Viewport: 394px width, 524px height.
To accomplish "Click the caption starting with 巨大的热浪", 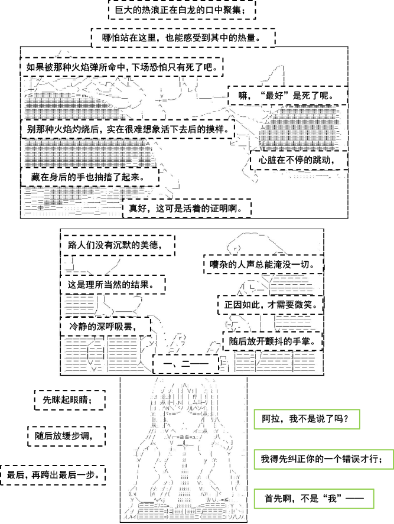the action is coord(182,9).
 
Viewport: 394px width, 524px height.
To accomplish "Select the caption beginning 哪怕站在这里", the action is coord(183,37).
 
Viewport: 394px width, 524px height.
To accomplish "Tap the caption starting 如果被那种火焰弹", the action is coord(122,67).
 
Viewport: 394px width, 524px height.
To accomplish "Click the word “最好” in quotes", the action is coord(275,96).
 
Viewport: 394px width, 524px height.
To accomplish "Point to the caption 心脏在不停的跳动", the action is coord(299,160).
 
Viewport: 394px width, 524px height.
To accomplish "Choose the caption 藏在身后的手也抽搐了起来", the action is coord(90,177).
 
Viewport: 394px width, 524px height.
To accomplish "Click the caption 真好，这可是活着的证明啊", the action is coord(187,209).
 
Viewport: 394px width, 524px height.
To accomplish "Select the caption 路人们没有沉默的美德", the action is coord(118,245).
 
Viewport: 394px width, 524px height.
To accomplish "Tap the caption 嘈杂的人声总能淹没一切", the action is coord(263,264).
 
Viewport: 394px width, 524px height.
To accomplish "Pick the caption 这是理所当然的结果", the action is coord(113,285).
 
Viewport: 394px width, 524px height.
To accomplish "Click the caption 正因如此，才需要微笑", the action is coord(271,305).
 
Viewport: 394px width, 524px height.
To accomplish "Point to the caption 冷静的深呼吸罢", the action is coord(105,326).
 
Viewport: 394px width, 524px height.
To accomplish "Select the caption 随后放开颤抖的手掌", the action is coord(273,341).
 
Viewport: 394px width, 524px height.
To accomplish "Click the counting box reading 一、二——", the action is coord(186,363).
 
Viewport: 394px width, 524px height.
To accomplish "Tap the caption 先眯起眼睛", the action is coord(70,400).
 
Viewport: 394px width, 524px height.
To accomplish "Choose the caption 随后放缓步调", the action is coord(66,436).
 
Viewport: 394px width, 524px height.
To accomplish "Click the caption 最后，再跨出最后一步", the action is coord(53,475).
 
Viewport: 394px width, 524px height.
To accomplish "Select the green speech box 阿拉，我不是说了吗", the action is coord(307,419).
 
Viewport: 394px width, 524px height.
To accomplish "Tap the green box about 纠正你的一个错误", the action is coord(324,459).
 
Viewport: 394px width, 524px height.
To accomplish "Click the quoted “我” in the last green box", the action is coord(332,499).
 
